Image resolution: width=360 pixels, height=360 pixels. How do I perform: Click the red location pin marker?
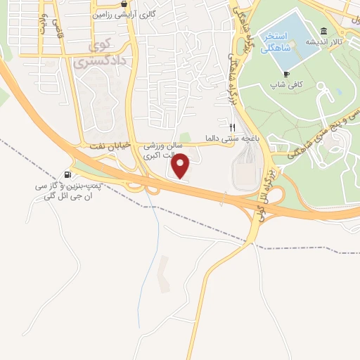(x=181, y=166)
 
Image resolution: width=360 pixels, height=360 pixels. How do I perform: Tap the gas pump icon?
(x=67, y=175)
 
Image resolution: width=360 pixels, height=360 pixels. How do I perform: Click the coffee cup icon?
(x=286, y=74)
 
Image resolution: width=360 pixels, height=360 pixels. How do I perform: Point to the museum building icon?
(x=323, y=32)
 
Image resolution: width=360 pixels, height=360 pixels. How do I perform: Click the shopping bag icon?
(x=124, y=3)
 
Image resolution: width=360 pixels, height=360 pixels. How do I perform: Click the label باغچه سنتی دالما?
(x=229, y=138)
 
